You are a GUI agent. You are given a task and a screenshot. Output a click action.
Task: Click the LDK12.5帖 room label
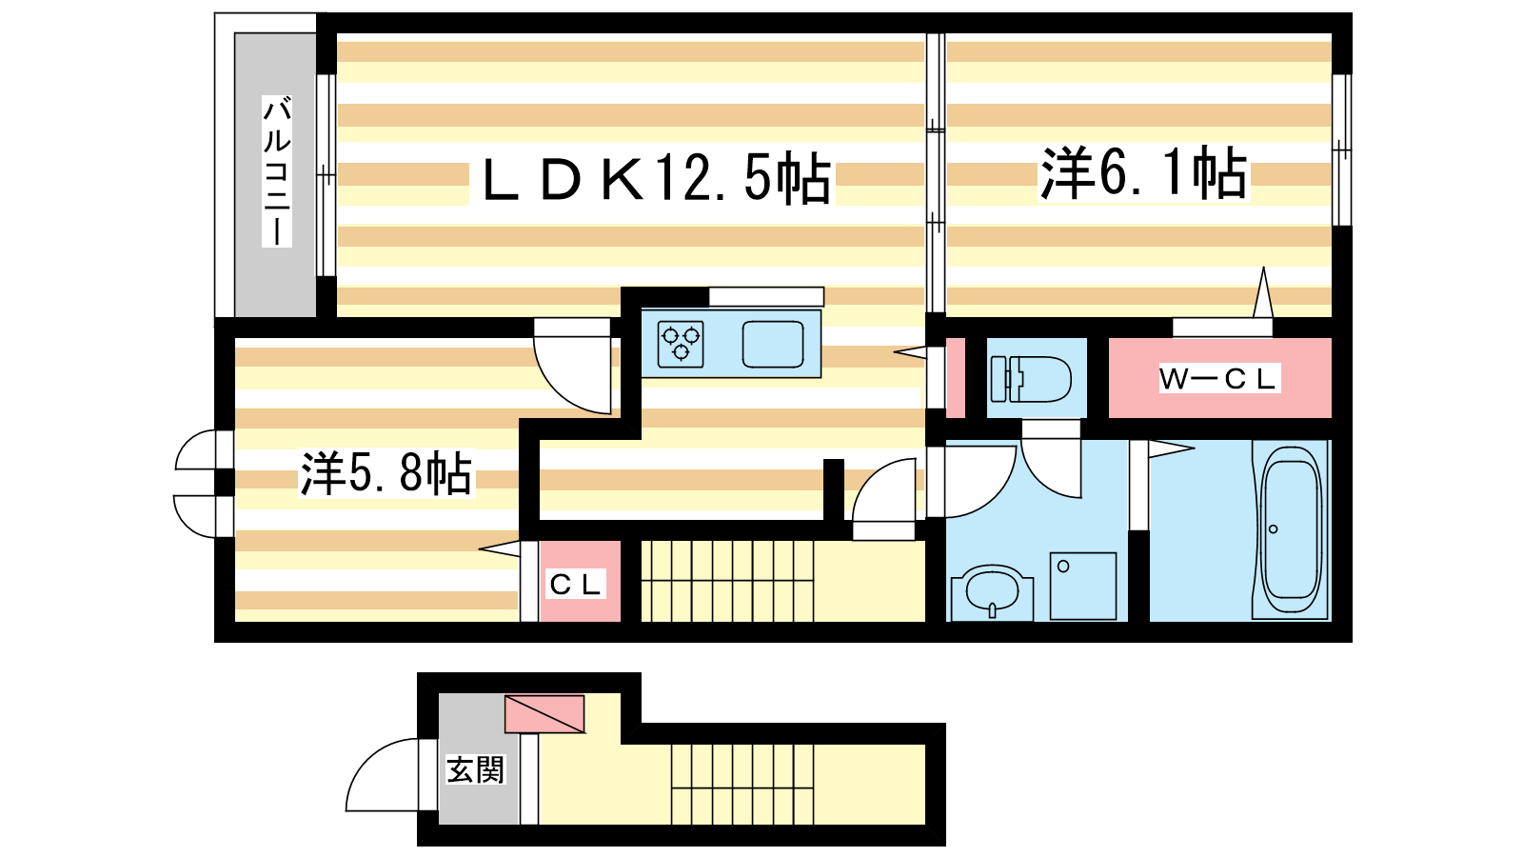click(656, 178)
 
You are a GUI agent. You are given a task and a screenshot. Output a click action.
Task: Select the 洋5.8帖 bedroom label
click(386, 472)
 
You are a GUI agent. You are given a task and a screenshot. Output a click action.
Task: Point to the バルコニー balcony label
click(277, 170)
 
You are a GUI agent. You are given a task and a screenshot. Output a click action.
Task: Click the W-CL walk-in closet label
click(1218, 379)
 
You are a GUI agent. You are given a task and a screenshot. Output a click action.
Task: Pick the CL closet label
click(576, 585)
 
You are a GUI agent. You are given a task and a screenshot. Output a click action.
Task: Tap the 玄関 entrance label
click(475, 770)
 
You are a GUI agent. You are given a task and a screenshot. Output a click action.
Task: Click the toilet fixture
click(1031, 379)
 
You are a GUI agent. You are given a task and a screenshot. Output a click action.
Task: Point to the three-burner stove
click(681, 344)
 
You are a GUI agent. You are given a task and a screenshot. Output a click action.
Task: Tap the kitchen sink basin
click(773, 344)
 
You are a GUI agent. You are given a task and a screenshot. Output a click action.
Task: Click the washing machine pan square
click(1083, 586)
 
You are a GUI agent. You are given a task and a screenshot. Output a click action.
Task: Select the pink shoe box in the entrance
click(544, 713)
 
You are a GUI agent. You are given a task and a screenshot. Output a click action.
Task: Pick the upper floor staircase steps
click(727, 581)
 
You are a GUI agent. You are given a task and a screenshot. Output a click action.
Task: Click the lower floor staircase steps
click(742, 785)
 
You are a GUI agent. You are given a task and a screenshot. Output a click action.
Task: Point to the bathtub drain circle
click(1273, 529)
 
